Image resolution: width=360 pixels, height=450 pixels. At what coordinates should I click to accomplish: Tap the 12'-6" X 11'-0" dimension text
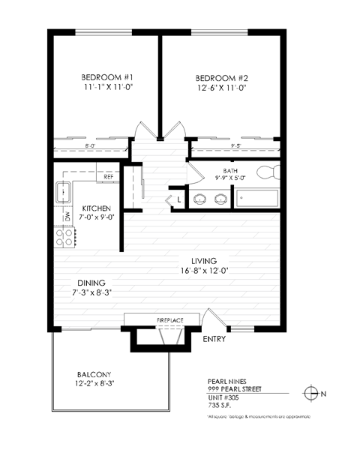pyautogui.click(x=221, y=88)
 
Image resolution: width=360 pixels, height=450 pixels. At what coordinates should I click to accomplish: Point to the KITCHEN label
pyautogui.click(x=97, y=208)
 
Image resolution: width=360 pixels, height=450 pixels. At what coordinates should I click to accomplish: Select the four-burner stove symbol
pyautogui.click(x=65, y=238)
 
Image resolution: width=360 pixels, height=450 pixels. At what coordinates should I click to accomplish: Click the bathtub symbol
pyautogui.click(x=257, y=199)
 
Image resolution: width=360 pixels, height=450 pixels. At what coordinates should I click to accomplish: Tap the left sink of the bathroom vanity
pyautogui.click(x=201, y=199)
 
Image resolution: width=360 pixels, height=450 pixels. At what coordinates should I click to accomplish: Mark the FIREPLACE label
pyautogui.click(x=169, y=320)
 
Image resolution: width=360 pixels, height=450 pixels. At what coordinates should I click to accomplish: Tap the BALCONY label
pyautogui.click(x=93, y=374)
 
